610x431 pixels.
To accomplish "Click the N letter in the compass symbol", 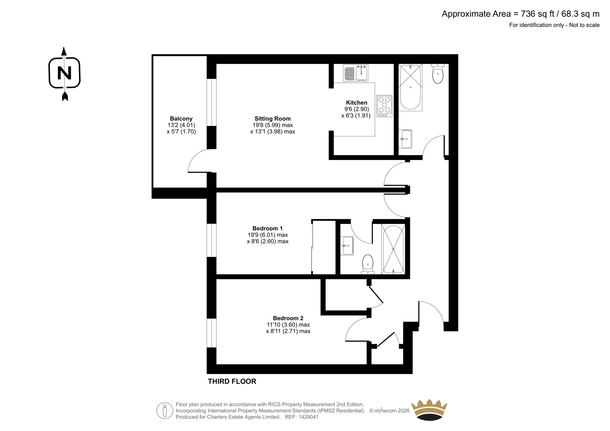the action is (64, 73).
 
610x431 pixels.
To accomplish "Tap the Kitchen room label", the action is (356, 103).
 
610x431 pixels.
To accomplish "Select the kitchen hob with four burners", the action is (384, 106).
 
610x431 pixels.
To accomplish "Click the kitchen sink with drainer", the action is (356, 73).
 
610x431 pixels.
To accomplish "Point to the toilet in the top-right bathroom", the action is (438, 74).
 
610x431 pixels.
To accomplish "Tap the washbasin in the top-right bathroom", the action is (405, 139).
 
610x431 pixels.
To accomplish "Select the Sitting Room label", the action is (273, 119).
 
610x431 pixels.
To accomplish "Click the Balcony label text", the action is (181, 119).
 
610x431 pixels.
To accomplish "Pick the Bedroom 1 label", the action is (267, 228).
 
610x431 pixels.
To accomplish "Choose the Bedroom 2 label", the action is (288, 318).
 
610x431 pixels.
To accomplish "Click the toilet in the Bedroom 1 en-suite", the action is (368, 264).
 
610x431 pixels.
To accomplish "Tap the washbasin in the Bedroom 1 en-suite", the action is (347, 246).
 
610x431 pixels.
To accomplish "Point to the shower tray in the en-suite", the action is (393, 249).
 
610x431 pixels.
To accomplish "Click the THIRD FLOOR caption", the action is (232, 381).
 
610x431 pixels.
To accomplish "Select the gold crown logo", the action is (429, 410).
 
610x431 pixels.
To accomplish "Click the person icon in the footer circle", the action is (164, 410).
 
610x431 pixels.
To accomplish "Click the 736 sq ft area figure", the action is (538, 14).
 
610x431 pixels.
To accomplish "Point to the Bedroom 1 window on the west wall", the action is (212, 240).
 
